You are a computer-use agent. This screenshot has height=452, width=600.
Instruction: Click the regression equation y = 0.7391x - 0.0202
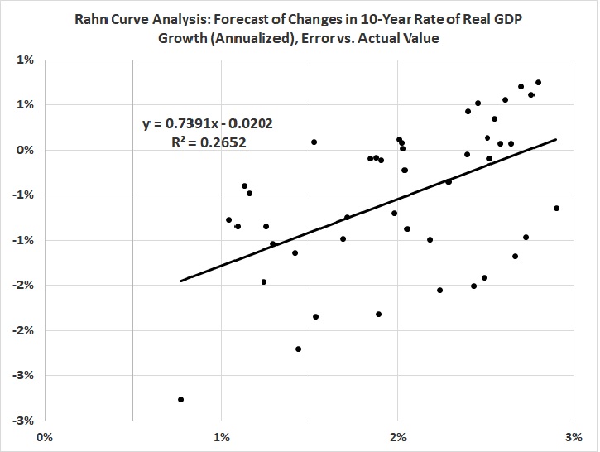207,124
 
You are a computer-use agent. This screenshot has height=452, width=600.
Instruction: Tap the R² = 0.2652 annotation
207,142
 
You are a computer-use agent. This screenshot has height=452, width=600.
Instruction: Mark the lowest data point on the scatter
180,399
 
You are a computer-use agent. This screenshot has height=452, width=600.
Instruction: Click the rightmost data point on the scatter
556,208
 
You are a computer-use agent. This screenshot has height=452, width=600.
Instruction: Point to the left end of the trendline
180,281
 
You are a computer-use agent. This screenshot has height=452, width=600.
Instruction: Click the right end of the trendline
556,139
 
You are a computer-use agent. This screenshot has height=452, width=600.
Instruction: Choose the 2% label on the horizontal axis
399,435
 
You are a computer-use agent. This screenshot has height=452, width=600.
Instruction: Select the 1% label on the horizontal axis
222,435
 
